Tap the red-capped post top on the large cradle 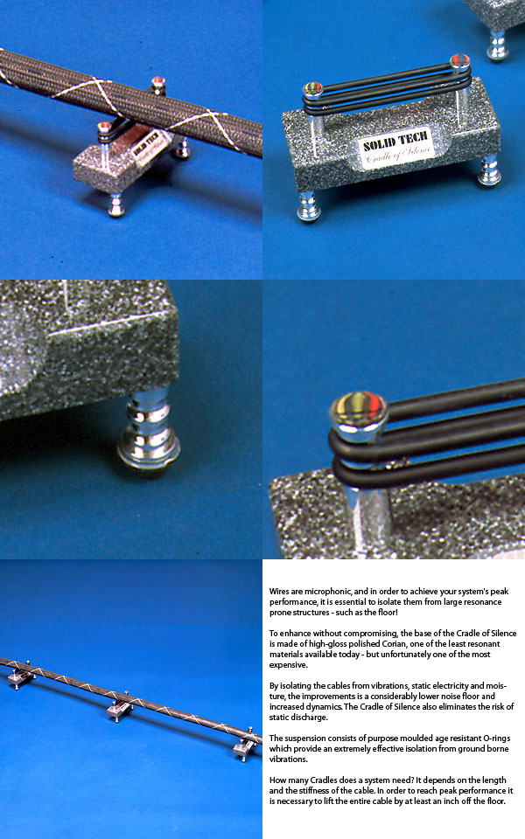(459, 61)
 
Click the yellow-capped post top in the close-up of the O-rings (359, 409)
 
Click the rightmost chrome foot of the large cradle (488, 170)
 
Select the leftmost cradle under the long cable (20, 676)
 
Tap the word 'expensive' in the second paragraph (288, 665)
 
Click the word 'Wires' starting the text (279, 592)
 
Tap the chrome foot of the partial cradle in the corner (497, 45)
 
